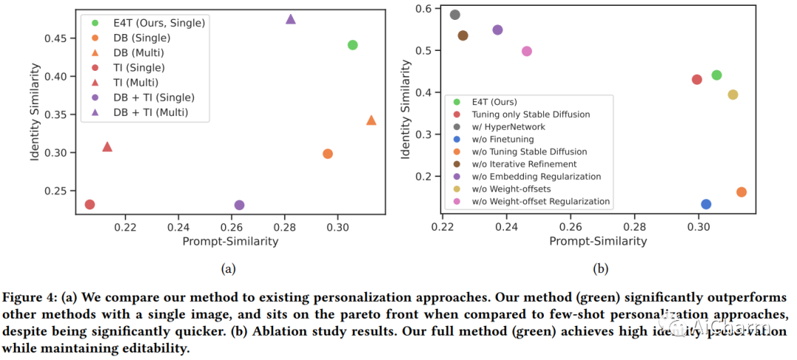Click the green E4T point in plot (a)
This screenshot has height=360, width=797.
tap(353, 45)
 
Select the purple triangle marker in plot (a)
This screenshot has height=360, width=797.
tap(291, 19)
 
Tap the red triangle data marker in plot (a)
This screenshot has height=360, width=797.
tap(107, 147)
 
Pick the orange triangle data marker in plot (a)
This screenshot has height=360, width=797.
tap(371, 120)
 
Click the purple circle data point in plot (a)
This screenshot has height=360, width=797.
tap(239, 205)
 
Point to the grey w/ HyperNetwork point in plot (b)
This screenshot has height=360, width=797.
tap(455, 15)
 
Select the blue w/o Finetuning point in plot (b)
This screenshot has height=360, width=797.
tap(706, 204)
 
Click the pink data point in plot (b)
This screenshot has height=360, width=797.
tap(527, 51)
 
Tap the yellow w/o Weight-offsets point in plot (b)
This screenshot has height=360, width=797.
tap(733, 94)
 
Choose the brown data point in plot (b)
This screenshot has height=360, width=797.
tap(463, 35)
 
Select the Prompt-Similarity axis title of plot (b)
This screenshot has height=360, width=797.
tap(598, 241)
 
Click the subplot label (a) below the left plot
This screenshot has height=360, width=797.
tap(228, 269)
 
